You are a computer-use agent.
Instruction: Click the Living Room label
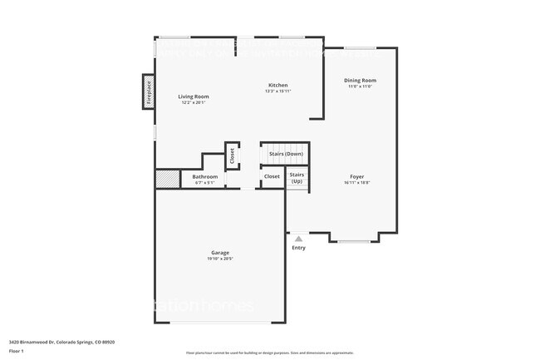coord(194,96)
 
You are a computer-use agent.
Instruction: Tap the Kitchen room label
coord(277,85)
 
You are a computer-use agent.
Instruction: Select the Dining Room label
coord(360,80)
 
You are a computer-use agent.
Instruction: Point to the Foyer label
coord(356,176)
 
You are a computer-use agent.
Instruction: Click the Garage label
coord(219,253)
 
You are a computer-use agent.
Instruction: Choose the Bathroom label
coord(204,176)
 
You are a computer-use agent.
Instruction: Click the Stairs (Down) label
coord(286,154)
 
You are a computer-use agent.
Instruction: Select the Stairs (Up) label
coord(297,177)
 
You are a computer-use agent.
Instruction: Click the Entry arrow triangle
coord(298,239)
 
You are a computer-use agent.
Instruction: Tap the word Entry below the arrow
coord(298,248)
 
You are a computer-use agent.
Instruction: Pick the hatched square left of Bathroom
coord(167,179)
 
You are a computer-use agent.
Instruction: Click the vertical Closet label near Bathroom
coord(232,155)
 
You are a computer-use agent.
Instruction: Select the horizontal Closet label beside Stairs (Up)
coord(272,176)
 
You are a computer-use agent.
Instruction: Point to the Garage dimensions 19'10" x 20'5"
coord(219,259)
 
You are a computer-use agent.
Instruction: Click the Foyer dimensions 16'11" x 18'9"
coord(356,183)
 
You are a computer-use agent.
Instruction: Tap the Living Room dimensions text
coord(194,103)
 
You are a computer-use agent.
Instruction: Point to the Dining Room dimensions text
coord(360,86)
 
